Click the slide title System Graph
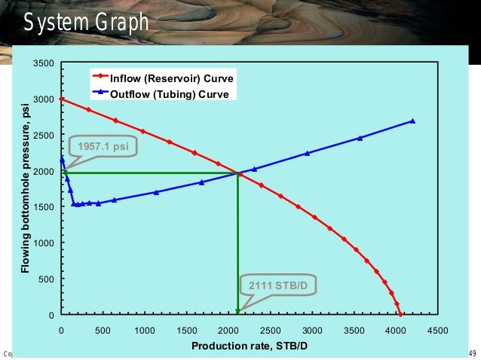pyautogui.click(x=85, y=23)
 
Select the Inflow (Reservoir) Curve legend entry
pyautogui.click(x=172, y=78)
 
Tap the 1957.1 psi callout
pyautogui.click(x=104, y=146)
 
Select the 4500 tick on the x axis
pyautogui.click(x=437, y=330)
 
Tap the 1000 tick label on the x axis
pyautogui.click(x=145, y=330)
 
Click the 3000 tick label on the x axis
pyautogui.click(x=312, y=330)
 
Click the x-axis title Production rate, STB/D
pyautogui.click(x=250, y=346)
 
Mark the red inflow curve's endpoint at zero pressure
pyautogui.click(x=400, y=315)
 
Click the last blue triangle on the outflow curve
pyautogui.click(x=413, y=121)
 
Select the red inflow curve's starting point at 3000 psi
pyautogui.click(x=61, y=99)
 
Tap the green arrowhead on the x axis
pyautogui.click(x=237, y=311)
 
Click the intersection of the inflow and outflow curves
pyautogui.click(x=238, y=174)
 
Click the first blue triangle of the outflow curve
pyautogui.click(x=62, y=159)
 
